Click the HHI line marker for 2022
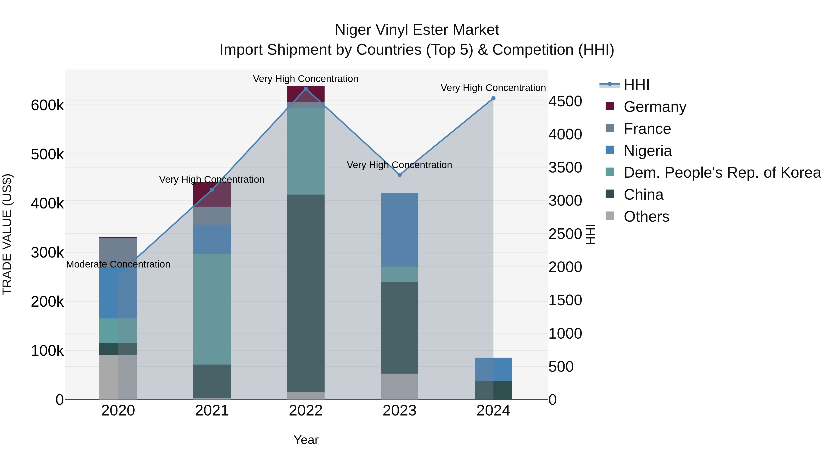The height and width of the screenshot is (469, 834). (306, 89)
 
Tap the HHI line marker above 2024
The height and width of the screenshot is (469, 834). (493, 98)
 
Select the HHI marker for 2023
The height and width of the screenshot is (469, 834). (400, 175)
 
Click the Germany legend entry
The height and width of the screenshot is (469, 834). (655, 107)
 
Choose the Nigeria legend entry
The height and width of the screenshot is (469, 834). (648, 151)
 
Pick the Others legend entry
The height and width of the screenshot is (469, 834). (646, 217)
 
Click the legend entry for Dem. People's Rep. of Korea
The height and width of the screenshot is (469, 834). (722, 173)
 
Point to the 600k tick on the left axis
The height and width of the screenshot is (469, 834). (47, 106)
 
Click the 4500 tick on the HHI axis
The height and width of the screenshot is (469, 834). (565, 101)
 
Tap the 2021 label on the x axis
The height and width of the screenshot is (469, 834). (212, 411)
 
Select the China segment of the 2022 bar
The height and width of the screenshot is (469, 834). (306, 293)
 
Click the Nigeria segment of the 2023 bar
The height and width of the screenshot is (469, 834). (400, 230)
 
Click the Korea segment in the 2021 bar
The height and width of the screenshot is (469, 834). (212, 309)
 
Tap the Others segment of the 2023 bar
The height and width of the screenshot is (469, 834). (400, 387)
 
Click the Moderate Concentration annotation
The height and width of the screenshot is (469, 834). (118, 264)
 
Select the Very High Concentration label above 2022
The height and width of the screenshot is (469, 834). (306, 79)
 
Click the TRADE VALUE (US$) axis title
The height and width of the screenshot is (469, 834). (7, 234)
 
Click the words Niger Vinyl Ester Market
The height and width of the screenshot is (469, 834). (417, 30)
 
